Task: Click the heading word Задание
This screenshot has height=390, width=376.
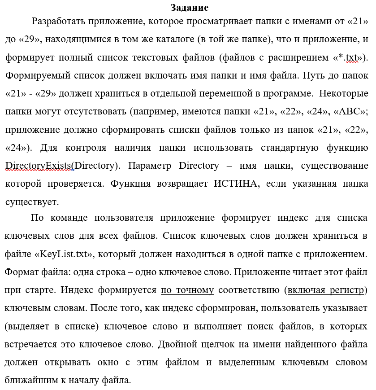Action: click(190, 8)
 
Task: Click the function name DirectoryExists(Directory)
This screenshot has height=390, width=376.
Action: click(63, 166)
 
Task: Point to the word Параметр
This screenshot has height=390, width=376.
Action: click(150, 166)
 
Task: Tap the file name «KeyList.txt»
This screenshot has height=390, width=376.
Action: click(64, 254)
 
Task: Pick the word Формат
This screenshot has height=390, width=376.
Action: click(21, 272)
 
